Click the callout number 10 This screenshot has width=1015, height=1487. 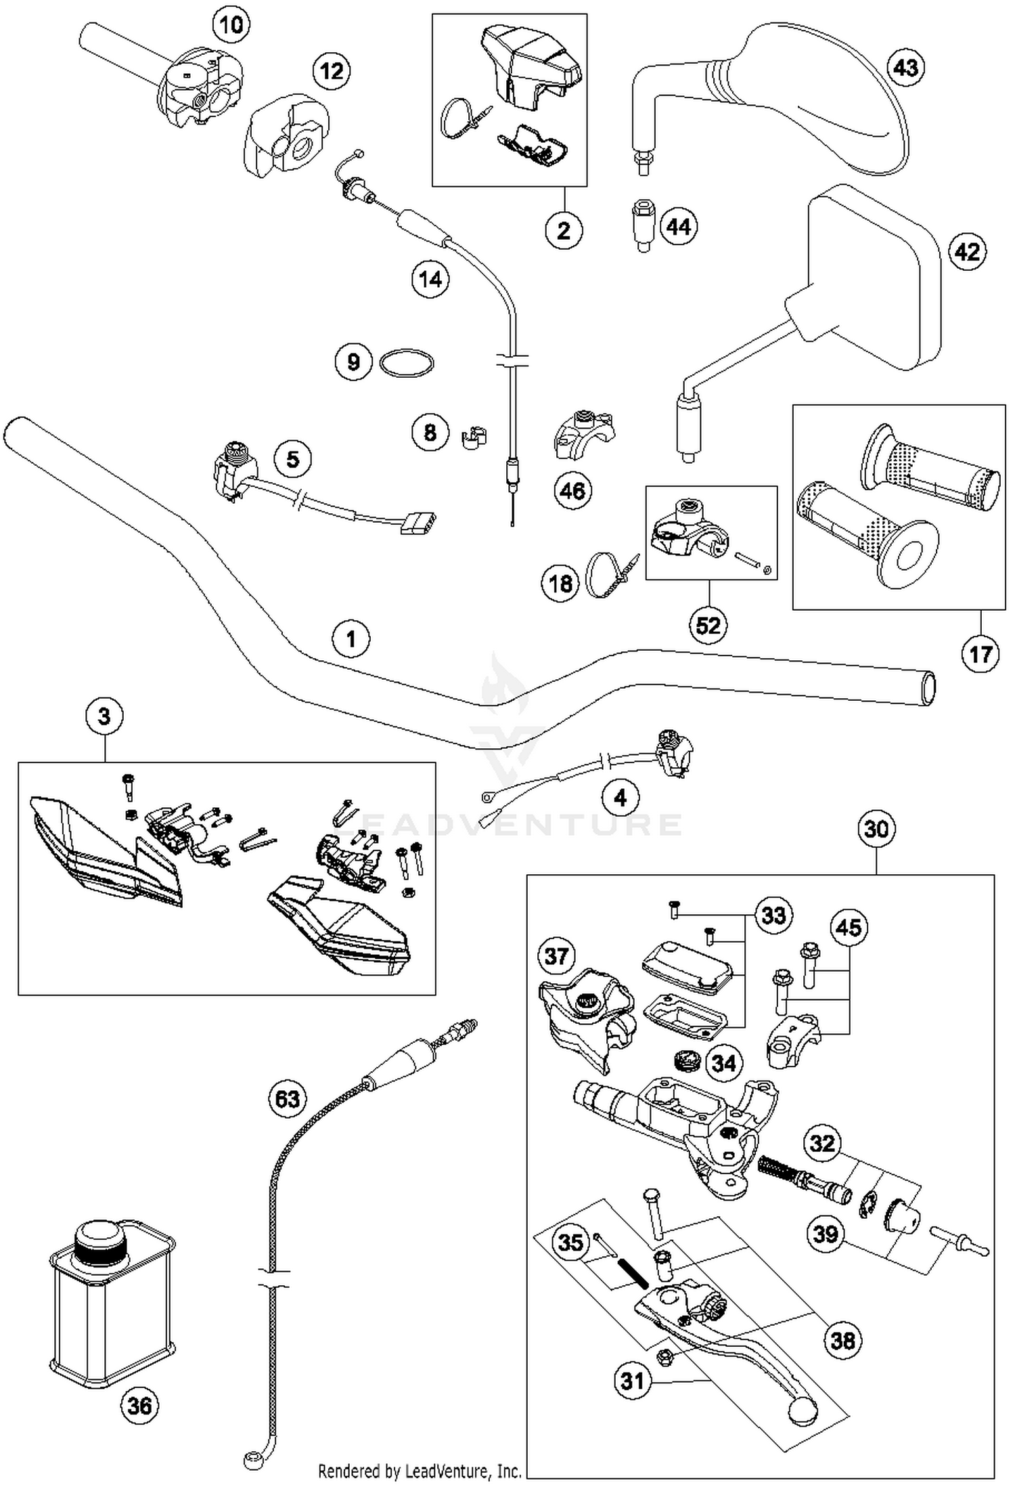coord(231,26)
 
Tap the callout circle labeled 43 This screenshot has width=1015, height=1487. coord(905,68)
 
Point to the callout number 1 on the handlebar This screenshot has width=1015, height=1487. coord(351,639)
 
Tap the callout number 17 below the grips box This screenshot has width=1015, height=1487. coord(980,654)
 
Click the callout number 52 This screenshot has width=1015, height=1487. coord(708,625)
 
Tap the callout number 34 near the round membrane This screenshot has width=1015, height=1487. coord(723,1063)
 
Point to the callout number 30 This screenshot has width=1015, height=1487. coord(876,828)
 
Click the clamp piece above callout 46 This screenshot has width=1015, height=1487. coord(583,433)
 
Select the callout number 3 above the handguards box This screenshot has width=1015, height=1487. coord(104,716)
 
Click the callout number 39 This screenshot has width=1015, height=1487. coord(826,1234)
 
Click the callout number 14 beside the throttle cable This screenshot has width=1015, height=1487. coord(430,278)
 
